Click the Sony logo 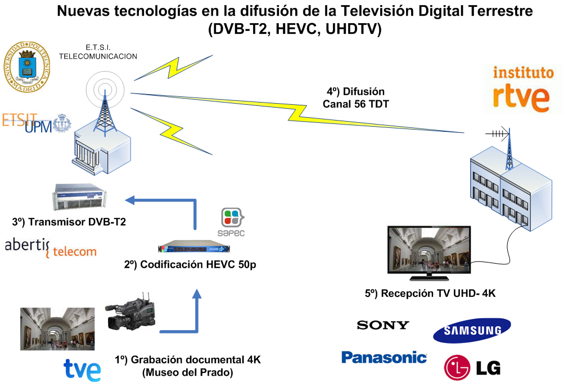click(x=383, y=325)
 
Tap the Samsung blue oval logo click(x=472, y=331)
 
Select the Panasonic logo click(x=384, y=357)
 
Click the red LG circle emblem click(x=457, y=367)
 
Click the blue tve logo click(x=82, y=369)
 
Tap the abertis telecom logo click(x=51, y=247)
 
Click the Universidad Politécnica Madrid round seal click(x=25, y=66)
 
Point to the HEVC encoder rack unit click(x=194, y=248)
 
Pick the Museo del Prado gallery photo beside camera click(x=57, y=329)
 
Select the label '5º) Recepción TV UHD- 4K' click(x=430, y=293)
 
